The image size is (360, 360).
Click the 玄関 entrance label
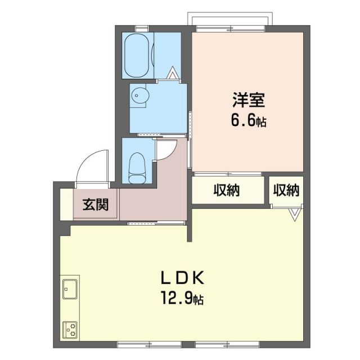pyautogui.click(x=96, y=205)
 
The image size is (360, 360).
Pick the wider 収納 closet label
pyautogui.click(x=227, y=191)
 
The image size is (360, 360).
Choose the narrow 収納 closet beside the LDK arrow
pyautogui.click(x=286, y=191)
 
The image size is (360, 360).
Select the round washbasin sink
pyautogui.click(x=139, y=97)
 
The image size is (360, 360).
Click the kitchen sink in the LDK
pyautogui.click(x=70, y=290)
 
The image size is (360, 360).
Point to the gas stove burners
pyautogui.click(x=70, y=327)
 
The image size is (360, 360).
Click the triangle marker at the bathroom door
pyautogui.click(x=173, y=73)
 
